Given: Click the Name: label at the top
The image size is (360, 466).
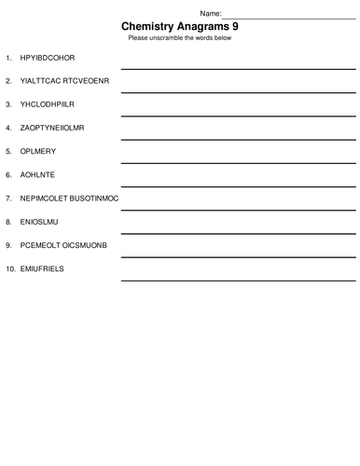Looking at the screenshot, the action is coord(211,14).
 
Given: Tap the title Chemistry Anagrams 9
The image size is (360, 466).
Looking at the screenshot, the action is coord(180,27).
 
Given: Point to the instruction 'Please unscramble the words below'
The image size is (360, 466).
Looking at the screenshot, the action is coord(180,38).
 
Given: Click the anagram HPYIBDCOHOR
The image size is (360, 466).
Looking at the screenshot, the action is coord(47,58).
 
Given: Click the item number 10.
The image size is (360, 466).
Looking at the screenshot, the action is coord(10,268).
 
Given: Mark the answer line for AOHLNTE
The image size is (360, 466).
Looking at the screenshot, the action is coord(237,185).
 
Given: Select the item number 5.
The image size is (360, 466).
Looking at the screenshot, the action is coord(8,151).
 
